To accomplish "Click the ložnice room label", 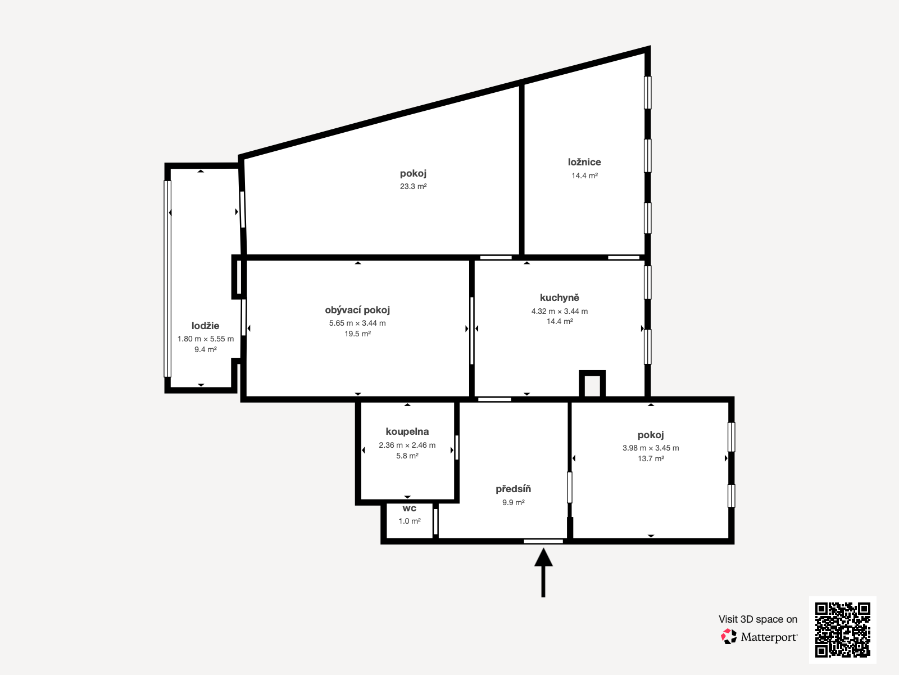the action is click(584, 163).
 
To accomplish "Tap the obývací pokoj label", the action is click(357, 310).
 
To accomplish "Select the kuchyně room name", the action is click(560, 298).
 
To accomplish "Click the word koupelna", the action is click(407, 431).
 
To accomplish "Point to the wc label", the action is click(410, 508).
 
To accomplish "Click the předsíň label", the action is click(513, 489).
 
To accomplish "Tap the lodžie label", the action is click(206, 326).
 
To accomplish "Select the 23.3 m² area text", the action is click(413, 187).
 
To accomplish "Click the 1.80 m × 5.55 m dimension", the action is click(206, 339).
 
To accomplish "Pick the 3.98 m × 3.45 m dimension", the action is click(651, 448).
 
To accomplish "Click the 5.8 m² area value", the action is click(407, 456).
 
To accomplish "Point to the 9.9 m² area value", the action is click(514, 502).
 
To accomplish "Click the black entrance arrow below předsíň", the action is click(543, 573).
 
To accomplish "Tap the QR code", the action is click(842, 630).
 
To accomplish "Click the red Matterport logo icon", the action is click(729, 637).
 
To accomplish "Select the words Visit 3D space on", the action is click(758, 619).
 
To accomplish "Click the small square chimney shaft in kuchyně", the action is click(592, 384).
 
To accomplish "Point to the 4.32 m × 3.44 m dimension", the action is click(560, 311).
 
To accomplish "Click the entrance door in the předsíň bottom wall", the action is click(543, 541).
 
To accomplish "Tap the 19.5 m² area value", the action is click(357, 334).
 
